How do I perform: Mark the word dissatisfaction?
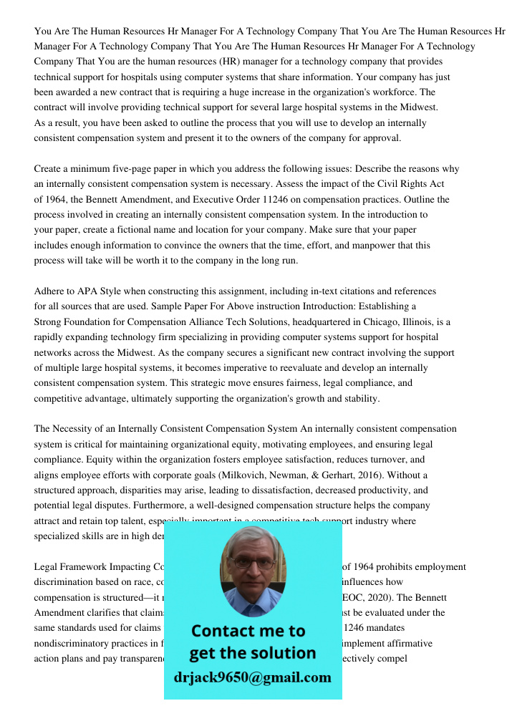283,490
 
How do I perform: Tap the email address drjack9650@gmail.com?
253,677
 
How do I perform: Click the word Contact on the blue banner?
223,631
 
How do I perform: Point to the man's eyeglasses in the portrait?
251,563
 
